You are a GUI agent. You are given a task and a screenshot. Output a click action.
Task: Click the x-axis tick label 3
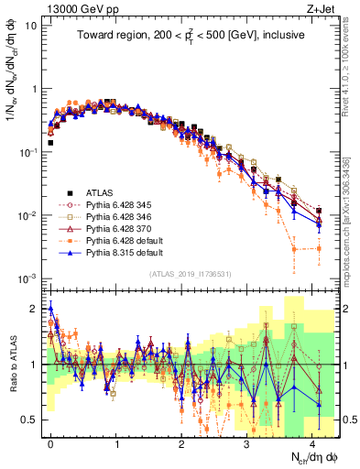[246, 442]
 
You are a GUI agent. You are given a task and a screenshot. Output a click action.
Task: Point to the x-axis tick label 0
[50, 442]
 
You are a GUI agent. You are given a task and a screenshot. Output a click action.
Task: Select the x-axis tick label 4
[312, 442]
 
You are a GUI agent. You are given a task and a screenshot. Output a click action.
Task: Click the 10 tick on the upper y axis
[29, 26]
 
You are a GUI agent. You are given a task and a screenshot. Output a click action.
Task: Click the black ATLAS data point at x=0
[50, 143]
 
